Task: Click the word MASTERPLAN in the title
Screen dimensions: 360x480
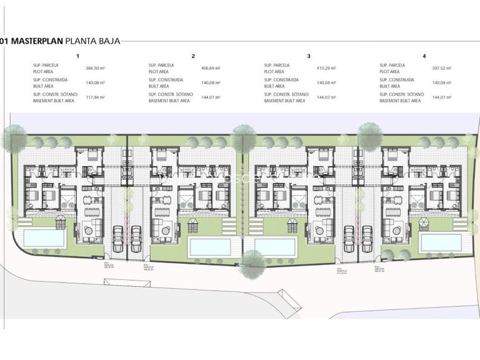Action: tap(32, 41)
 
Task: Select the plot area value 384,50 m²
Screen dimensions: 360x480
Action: tap(96, 67)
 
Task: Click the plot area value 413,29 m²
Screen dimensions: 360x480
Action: tap(327, 67)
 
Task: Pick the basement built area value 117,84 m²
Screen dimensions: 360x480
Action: tap(96, 97)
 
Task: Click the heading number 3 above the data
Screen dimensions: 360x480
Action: tap(309, 56)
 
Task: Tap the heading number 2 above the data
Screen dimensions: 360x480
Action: tap(194, 56)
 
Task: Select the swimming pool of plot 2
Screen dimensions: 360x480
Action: tap(209, 246)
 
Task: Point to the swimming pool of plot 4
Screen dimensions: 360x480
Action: tap(441, 241)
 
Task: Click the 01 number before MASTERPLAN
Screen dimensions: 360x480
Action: tap(4, 41)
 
